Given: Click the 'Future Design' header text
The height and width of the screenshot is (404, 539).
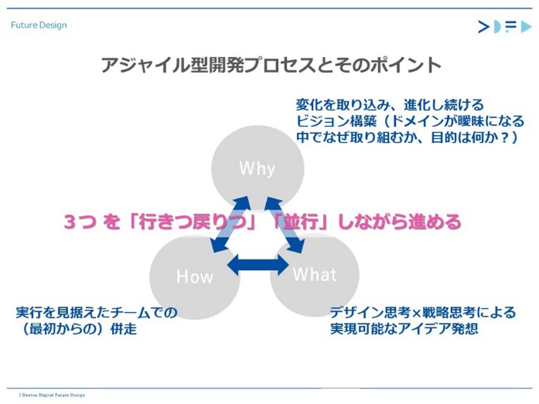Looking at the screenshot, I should [x=39, y=25].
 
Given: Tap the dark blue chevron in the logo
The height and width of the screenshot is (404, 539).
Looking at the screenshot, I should [x=484, y=27].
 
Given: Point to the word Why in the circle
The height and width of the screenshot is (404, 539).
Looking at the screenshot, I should [x=257, y=169].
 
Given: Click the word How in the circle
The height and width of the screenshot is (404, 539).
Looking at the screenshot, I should [x=194, y=277].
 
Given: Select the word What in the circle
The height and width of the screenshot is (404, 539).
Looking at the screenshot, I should [x=314, y=274].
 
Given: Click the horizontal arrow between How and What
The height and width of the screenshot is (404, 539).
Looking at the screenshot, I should [x=258, y=265].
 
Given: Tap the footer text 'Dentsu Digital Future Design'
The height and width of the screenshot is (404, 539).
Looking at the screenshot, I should [x=53, y=395].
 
